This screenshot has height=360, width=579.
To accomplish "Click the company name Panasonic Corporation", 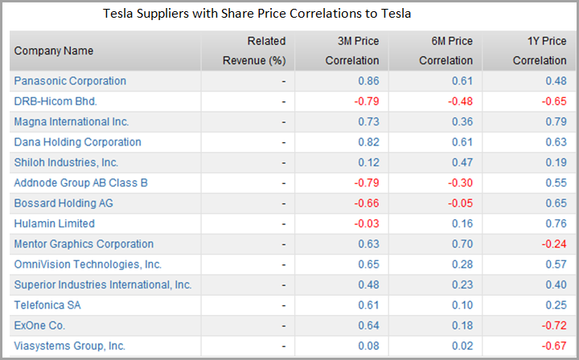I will [70, 81].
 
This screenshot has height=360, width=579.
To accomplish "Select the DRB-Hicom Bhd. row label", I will [54, 101].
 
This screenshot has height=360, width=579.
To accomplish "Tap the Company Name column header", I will [54, 51].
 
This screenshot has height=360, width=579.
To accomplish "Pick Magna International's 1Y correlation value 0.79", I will [556, 121].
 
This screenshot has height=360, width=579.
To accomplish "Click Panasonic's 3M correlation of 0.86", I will [368, 81].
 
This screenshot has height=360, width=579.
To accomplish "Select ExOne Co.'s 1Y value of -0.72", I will [554, 325].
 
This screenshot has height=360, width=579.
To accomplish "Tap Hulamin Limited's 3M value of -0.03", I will [366, 223].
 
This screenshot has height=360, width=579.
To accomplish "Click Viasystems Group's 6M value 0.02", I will [462, 346].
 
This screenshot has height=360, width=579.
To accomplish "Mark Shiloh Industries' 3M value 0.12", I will [368, 162].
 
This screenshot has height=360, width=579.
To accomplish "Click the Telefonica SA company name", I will [47, 305].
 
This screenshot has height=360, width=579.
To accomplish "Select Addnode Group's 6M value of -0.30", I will [460, 182].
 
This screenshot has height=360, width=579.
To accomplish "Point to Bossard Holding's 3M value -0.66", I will [366, 203].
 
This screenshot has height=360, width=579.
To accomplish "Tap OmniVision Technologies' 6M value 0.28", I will [462, 264].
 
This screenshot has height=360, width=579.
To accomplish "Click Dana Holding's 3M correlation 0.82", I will [368, 142].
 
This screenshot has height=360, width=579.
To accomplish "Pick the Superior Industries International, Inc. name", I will [103, 284].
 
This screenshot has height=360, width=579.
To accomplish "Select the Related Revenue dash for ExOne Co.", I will [284, 325].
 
